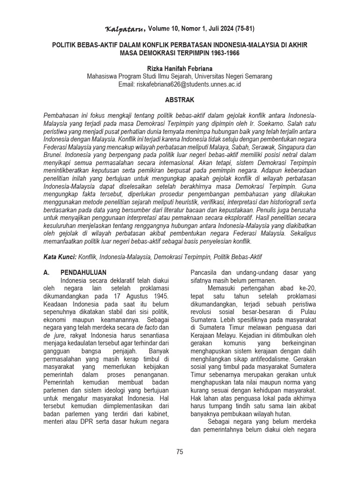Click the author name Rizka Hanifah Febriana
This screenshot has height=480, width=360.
[x=180, y=68]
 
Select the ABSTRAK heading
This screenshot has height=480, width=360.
[x=180, y=100]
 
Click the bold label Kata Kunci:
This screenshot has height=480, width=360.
[x=59, y=257]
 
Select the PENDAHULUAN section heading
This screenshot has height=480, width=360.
[x=83, y=272]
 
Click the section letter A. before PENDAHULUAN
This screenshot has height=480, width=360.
[x=46, y=272]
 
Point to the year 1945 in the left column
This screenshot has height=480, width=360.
[x=159, y=296]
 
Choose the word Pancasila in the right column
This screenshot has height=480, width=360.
[x=205, y=272]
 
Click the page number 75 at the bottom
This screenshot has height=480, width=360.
[x=180, y=452]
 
